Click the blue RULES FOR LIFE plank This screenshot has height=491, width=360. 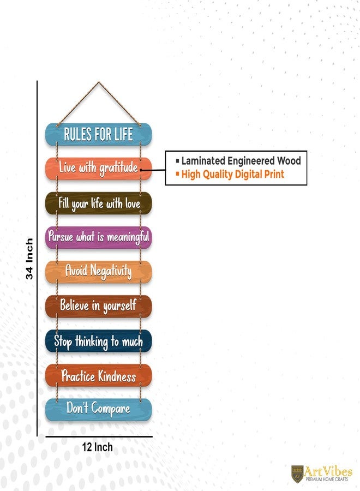click(98, 134)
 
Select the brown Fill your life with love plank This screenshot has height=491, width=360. click(98, 203)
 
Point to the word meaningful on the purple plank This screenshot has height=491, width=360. click(128, 237)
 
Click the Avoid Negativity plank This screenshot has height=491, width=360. click(98, 272)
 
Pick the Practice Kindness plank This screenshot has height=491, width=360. click(98, 375)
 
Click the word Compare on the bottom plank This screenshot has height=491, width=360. click(111, 409)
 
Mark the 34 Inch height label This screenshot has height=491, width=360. click(29, 259)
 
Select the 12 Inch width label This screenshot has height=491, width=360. click(97, 447)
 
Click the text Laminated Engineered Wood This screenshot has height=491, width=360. click(241, 161)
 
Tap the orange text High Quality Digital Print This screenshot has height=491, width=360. click(232, 174)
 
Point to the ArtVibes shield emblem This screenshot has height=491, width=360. click(297, 474)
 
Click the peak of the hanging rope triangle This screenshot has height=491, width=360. click(99, 82)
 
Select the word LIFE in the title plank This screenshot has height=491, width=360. click(123, 134)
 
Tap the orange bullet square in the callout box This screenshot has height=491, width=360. click(177, 173)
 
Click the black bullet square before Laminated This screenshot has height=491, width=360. click(177, 161)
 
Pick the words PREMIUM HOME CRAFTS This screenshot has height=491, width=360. click(327, 479)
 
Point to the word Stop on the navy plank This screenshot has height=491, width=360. click(63, 342)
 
